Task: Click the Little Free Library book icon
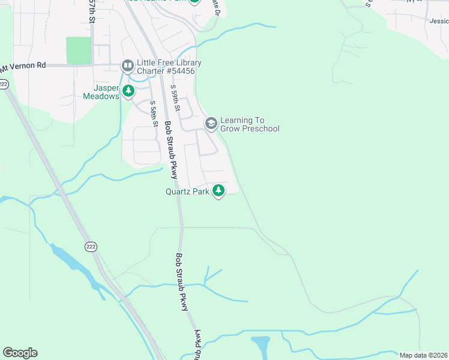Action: point(127,65)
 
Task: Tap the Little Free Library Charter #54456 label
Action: point(169,67)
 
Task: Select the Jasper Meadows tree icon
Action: point(128,91)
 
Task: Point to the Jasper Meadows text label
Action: point(101,91)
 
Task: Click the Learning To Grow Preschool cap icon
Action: point(211,124)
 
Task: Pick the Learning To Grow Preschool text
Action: point(250,124)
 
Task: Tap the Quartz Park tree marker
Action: point(218,191)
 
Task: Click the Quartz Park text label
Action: point(187,192)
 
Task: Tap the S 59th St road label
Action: point(175,98)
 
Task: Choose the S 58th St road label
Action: point(154,114)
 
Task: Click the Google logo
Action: point(20,353)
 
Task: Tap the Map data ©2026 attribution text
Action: point(423,355)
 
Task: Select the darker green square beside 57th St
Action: point(78,50)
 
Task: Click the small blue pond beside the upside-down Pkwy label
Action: point(261,346)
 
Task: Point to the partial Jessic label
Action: point(439,20)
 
